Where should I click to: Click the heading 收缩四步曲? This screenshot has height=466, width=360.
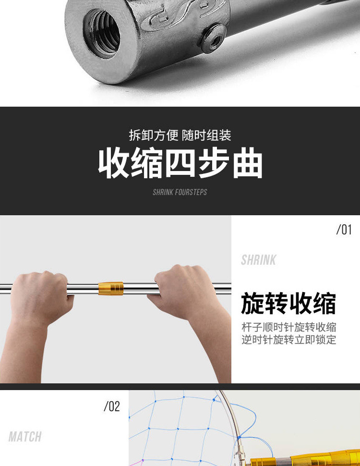click(x=180, y=163)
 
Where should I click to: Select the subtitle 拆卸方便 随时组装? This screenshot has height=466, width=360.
click(x=180, y=135)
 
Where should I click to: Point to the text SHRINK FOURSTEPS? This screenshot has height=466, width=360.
click(x=180, y=192)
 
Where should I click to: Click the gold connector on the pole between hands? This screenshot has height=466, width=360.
click(x=111, y=288)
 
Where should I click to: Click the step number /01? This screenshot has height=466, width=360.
click(x=344, y=230)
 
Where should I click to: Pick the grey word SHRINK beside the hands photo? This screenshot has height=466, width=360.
click(x=259, y=260)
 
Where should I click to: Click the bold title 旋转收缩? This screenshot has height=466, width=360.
click(x=288, y=303)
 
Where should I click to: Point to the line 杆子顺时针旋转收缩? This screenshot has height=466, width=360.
click(x=288, y=328)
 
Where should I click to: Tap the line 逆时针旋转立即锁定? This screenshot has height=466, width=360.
click(x=288, y=340)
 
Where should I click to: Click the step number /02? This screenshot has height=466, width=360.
click(x=111, y=407)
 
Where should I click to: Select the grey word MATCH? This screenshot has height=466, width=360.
click(x=25, y=437)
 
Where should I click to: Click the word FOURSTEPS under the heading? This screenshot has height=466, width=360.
click(x=191, y=192)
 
